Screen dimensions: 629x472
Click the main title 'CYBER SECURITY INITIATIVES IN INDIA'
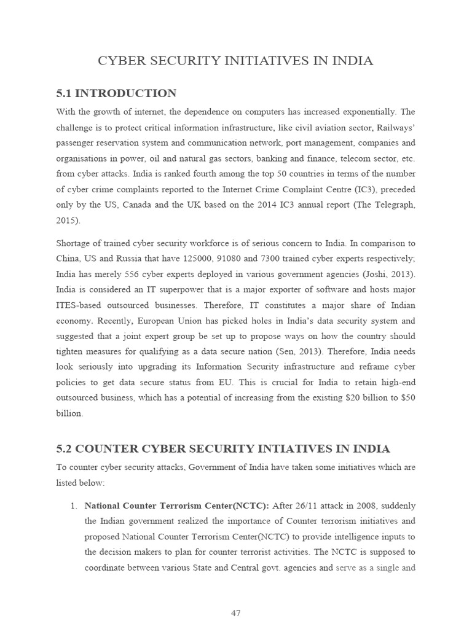pos(235,61)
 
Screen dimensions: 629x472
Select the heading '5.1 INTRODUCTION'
pos(116,93)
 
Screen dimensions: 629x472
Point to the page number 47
pos(235,612)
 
